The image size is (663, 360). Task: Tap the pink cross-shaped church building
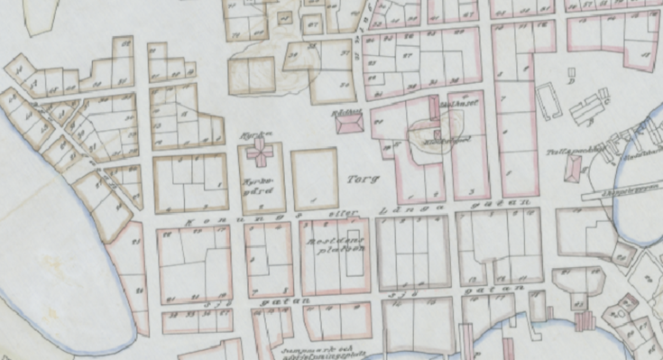262,152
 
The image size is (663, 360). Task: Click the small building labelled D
570,71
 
